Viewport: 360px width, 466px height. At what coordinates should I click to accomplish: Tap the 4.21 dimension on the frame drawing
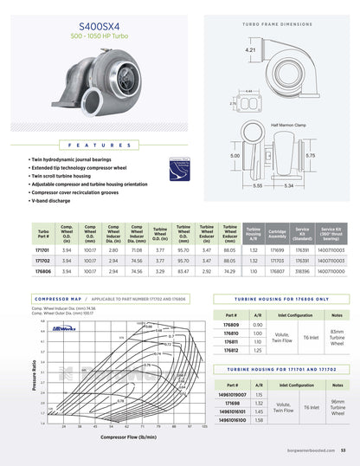click(251, 51)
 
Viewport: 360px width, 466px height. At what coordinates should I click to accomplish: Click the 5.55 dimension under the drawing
click(258, 185)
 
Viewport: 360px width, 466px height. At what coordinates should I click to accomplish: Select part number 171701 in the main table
click(43, 249)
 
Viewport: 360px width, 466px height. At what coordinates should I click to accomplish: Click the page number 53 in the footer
click(344, 450)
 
